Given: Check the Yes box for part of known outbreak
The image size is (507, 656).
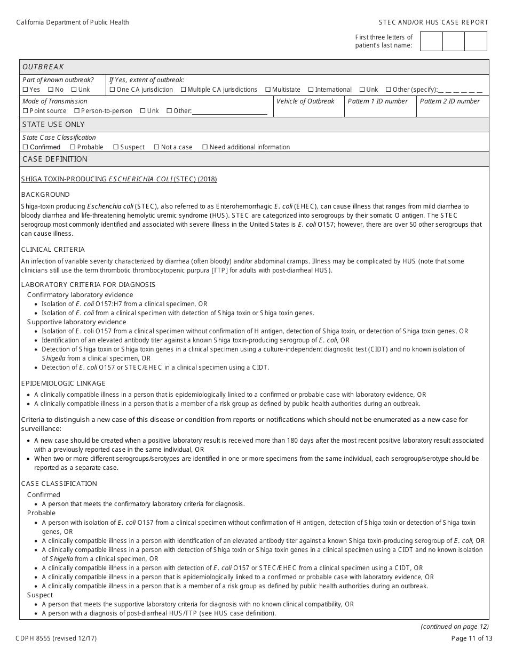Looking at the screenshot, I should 25,90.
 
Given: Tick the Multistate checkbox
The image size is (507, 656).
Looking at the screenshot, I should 268,90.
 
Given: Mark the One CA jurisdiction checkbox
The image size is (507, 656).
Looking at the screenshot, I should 112,90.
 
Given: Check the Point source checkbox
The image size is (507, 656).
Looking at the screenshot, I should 25,111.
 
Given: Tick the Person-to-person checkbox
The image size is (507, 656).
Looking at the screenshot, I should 77,111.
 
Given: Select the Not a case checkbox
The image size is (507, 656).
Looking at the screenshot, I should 156,147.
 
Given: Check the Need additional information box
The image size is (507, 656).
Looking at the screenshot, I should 205,147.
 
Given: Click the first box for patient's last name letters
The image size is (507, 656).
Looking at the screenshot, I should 431,41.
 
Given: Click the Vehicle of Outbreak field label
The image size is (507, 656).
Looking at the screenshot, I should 305,101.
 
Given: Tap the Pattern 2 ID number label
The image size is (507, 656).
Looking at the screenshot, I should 449,101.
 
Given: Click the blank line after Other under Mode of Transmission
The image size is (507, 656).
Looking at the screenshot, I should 229,111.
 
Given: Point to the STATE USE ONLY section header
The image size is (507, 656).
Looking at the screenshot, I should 53,124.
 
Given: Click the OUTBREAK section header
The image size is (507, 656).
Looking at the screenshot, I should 43,67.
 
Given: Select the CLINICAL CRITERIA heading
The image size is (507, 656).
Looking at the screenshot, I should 53,250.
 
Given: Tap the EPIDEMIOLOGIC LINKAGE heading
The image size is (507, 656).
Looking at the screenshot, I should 64,383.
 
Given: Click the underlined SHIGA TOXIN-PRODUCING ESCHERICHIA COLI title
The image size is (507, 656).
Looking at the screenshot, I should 119,179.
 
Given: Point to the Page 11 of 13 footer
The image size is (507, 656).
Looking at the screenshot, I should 470,638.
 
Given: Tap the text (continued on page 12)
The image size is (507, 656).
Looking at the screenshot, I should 454,627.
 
